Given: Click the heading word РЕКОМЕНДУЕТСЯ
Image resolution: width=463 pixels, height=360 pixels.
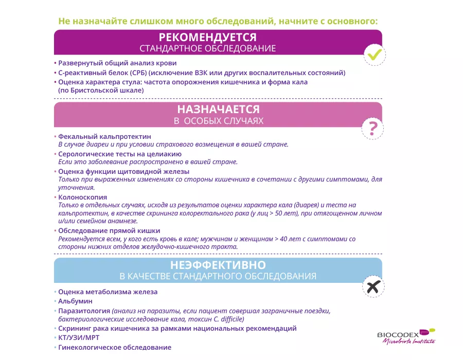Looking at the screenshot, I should (x=208, y=38).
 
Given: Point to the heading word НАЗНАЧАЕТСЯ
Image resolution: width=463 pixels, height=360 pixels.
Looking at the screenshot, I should (x=218, y=110).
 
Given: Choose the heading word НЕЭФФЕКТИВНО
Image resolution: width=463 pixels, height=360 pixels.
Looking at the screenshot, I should (x=218, y=265).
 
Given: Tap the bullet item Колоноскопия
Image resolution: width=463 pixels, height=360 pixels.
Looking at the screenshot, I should (x=82, y=197).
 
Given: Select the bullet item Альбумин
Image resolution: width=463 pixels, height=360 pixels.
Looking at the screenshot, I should (x=75, y=301).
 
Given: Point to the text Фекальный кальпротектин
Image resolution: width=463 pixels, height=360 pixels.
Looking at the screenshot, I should (x=104, y=137).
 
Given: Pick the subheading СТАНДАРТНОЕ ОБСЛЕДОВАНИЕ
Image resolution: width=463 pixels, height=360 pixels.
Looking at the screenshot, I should (x=208, y=49).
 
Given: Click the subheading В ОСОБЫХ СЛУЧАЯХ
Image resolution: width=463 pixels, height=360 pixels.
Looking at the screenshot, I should (x=218, y=121).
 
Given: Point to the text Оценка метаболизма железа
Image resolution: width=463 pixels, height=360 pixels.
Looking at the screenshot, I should (x=108, y=292).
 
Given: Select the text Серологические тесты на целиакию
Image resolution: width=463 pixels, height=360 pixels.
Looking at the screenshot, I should (x=119, y=154).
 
